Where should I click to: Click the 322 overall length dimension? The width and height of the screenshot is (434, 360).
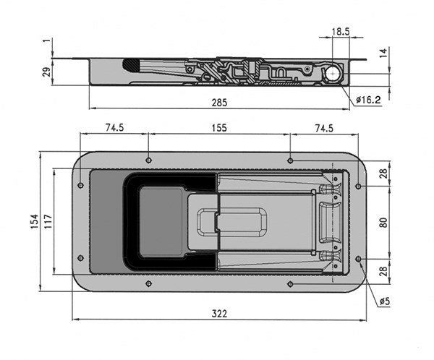tap(219, 314)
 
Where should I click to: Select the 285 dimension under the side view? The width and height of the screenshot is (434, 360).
tap(219, 103)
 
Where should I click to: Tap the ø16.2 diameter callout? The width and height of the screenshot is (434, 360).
tap(368, 100)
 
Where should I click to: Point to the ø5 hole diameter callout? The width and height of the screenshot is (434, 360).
tap(385, 301)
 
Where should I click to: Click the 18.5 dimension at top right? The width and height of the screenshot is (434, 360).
tap(341, 32)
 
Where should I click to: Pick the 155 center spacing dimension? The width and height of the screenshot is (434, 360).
tap(219, 128)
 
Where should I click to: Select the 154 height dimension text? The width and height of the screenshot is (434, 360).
tap(34, 221)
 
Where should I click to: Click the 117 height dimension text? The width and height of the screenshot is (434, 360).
tap(48, 221)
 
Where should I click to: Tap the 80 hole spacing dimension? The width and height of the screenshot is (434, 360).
tap(383, 223)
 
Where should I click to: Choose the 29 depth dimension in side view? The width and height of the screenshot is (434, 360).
tap(47, 72)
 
